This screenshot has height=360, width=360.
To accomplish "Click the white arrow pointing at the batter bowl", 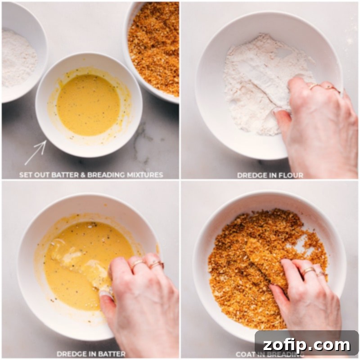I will click(x=36, y=153).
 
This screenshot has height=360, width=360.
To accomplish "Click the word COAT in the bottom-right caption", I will click(x=246, y=354).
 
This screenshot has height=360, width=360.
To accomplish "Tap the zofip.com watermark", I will click(x=306, y=345).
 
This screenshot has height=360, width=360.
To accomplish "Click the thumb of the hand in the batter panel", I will click(x=107, y=297).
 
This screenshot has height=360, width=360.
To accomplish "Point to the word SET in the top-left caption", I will click(x=26, y=175).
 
